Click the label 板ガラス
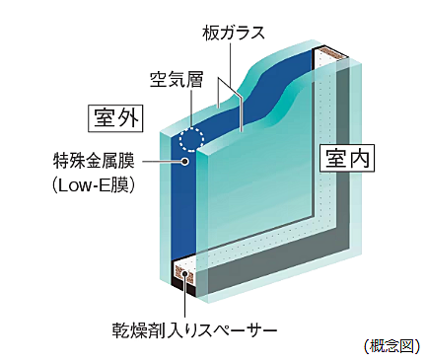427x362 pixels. (x=235, y=34)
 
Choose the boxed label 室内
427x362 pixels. (x=342, y=158)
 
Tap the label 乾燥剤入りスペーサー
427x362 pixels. (x=196, y=326)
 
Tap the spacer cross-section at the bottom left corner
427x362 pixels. (x=183, y=275)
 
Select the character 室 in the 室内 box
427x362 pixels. (x=331, y=158)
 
